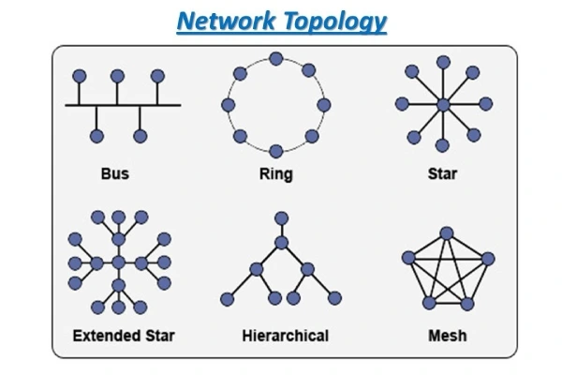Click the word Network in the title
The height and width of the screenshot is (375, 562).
pos(226,21)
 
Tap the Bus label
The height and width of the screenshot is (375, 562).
pos(114,174)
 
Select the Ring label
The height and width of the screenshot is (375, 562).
pos(275,174)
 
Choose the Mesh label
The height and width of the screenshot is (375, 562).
pos(444,336)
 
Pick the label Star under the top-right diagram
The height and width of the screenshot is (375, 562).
pos(442,174)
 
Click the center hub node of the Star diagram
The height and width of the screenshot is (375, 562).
pos(442,105)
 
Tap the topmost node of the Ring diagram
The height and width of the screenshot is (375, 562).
pos(275,59)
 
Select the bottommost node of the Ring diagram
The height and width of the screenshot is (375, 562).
pos(275,150)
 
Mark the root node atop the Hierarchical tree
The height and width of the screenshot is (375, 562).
pos(279,221)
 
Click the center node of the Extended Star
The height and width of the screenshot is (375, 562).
pos(119,262)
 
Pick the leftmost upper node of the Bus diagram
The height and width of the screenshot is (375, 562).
pos(81,75)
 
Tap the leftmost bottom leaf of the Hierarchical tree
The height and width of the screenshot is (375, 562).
pos(227,300)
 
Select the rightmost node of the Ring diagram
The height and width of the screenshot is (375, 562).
pos(323,104)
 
